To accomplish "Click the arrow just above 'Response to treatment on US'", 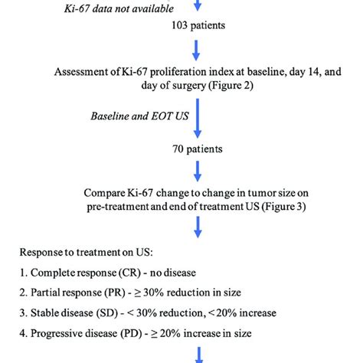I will [197, 225].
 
